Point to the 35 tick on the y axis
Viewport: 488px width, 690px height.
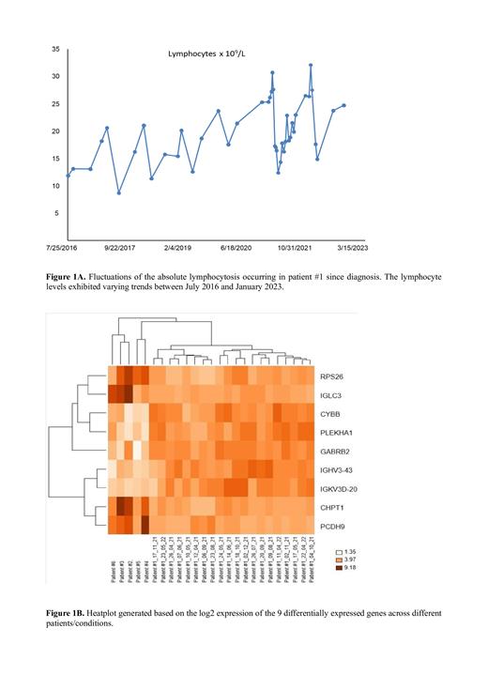coord(55,49)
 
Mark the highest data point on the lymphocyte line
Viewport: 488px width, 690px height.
coord(311,65)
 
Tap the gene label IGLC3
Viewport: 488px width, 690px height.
coord(331,394)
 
